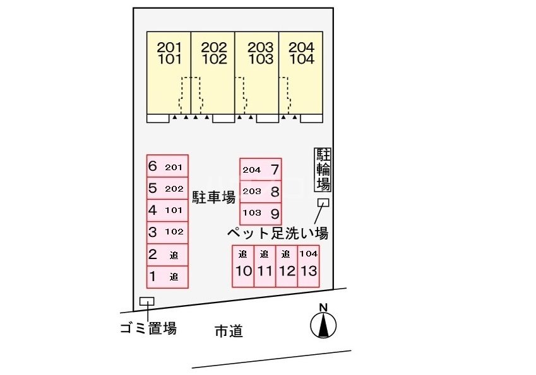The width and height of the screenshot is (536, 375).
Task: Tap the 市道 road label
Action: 229,330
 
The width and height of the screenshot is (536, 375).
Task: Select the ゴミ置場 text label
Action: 148,328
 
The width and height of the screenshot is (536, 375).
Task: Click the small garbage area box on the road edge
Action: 146,301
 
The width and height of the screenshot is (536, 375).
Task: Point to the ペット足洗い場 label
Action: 278,233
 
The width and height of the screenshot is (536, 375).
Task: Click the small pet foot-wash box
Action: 323,202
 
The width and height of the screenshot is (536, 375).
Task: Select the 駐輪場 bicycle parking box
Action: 323,170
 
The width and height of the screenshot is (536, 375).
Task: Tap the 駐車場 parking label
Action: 213,197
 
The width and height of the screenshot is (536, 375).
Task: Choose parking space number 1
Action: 167,276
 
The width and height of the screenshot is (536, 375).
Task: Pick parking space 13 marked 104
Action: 308,266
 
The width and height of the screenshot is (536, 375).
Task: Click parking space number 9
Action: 261,213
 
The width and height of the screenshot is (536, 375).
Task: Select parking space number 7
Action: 261,169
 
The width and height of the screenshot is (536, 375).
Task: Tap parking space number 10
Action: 244,266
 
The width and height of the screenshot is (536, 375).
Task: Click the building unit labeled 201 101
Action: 169,72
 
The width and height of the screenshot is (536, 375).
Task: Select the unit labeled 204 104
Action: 301,72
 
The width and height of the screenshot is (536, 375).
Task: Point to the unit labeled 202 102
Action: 213,72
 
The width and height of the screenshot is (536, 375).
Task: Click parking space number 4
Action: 167,211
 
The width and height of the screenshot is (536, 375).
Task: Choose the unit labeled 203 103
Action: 258,72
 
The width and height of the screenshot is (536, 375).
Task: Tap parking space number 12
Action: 287,266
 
